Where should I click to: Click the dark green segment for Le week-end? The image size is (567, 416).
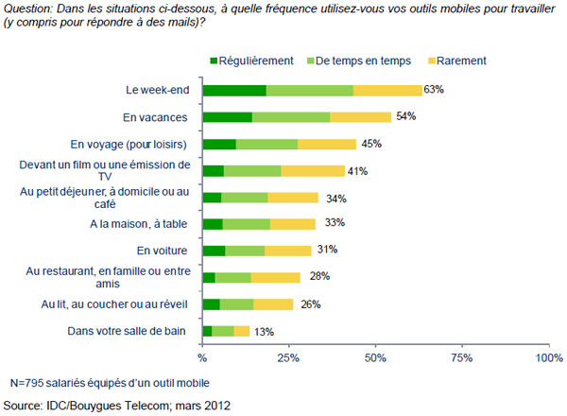point(234,90)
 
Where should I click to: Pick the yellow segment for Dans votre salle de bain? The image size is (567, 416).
point(241,331)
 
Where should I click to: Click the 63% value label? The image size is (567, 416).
point(435,90)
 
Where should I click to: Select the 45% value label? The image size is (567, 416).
point(372,144)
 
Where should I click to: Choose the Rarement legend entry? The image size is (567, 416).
point(463,61)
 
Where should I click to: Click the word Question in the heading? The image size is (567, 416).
point(28,9)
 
